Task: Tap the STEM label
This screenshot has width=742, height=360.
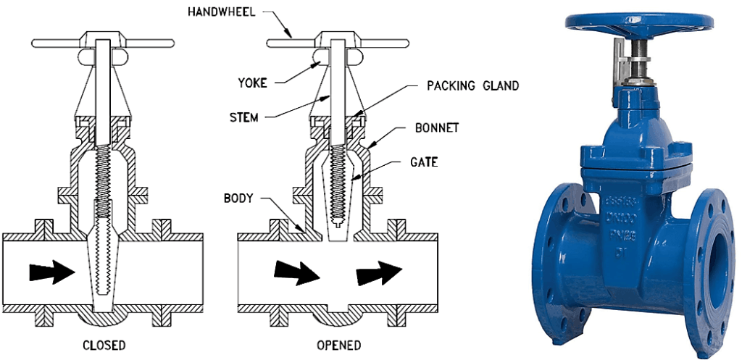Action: (243, 117)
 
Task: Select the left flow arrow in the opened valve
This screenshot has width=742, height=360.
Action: (296, 272)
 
